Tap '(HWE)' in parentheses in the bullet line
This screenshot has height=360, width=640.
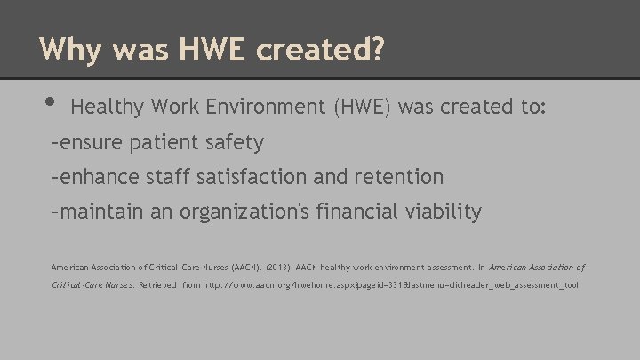(362, 108)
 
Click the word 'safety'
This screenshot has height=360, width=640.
(235, 142)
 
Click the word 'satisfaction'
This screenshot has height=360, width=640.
(241, 177)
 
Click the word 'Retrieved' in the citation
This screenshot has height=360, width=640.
(157, 286)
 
